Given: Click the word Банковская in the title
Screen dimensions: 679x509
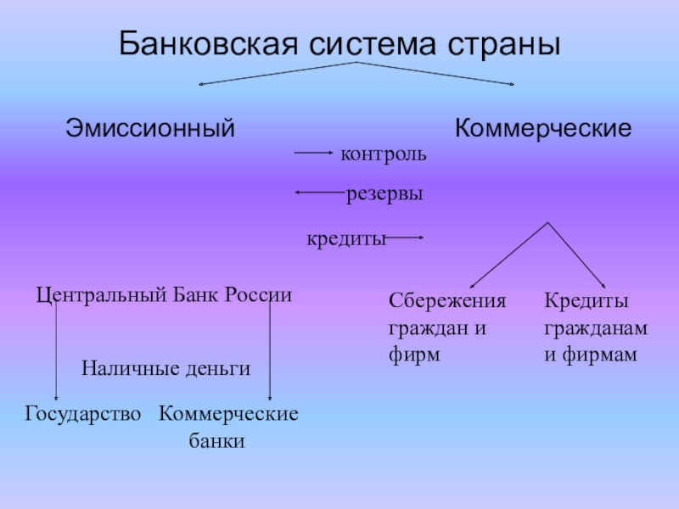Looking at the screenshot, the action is point(200,43).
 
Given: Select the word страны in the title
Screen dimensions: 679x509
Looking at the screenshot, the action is point(508,43).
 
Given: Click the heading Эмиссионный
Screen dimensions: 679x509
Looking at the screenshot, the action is point(150,129).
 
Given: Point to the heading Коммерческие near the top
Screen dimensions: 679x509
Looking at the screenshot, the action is point(543,129).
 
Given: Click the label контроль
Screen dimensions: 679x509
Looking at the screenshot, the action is point(384,155).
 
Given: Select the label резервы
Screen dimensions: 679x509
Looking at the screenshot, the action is point(384,194).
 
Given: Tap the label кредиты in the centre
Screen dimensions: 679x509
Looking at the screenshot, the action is point(346,239).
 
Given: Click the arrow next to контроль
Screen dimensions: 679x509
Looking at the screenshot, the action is point(314,154).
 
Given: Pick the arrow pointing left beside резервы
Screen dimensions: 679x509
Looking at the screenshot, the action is point(320,193).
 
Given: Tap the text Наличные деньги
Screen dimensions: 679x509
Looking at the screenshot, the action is point(166,368).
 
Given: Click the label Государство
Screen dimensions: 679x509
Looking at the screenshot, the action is point(83,414).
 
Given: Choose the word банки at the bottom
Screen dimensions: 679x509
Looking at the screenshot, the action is point(216,441).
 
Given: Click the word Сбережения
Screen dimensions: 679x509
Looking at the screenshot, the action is point(446,301).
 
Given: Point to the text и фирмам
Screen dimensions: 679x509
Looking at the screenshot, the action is point(590,355).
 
